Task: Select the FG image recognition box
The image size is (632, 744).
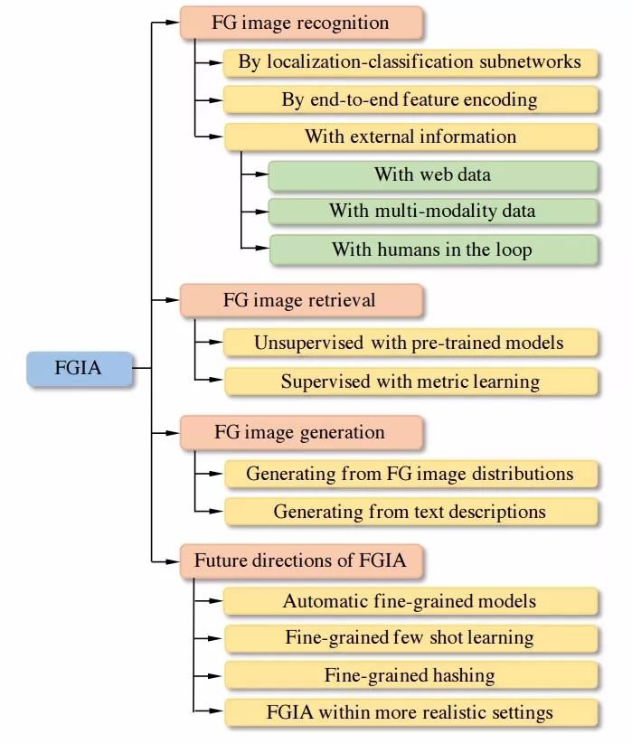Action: tap(300, 23)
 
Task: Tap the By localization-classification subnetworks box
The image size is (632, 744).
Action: tap(410, 62)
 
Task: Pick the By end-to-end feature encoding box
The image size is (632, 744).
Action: tap(410, 99)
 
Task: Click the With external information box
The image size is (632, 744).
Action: tap(410, 137)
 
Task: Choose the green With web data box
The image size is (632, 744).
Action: tap(433, 174)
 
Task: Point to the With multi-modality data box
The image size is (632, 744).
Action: tap(433, 211)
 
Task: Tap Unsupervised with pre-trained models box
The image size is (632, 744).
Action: tap(410, 343)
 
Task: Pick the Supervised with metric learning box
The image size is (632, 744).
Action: tap(410, 380)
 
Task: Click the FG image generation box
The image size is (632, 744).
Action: tap(300, 431)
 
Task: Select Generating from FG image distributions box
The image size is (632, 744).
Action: tap(410, 473)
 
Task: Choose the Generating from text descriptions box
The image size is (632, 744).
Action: tap(410, 511)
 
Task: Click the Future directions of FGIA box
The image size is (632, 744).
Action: tap(300, 560)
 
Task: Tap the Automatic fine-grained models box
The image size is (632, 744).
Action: tap(410, 600)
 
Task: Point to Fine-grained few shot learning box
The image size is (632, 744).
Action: tap(410, 637)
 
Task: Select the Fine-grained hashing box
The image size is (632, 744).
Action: tap(410, 674)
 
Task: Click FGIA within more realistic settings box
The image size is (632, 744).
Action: tap(410, 711)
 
